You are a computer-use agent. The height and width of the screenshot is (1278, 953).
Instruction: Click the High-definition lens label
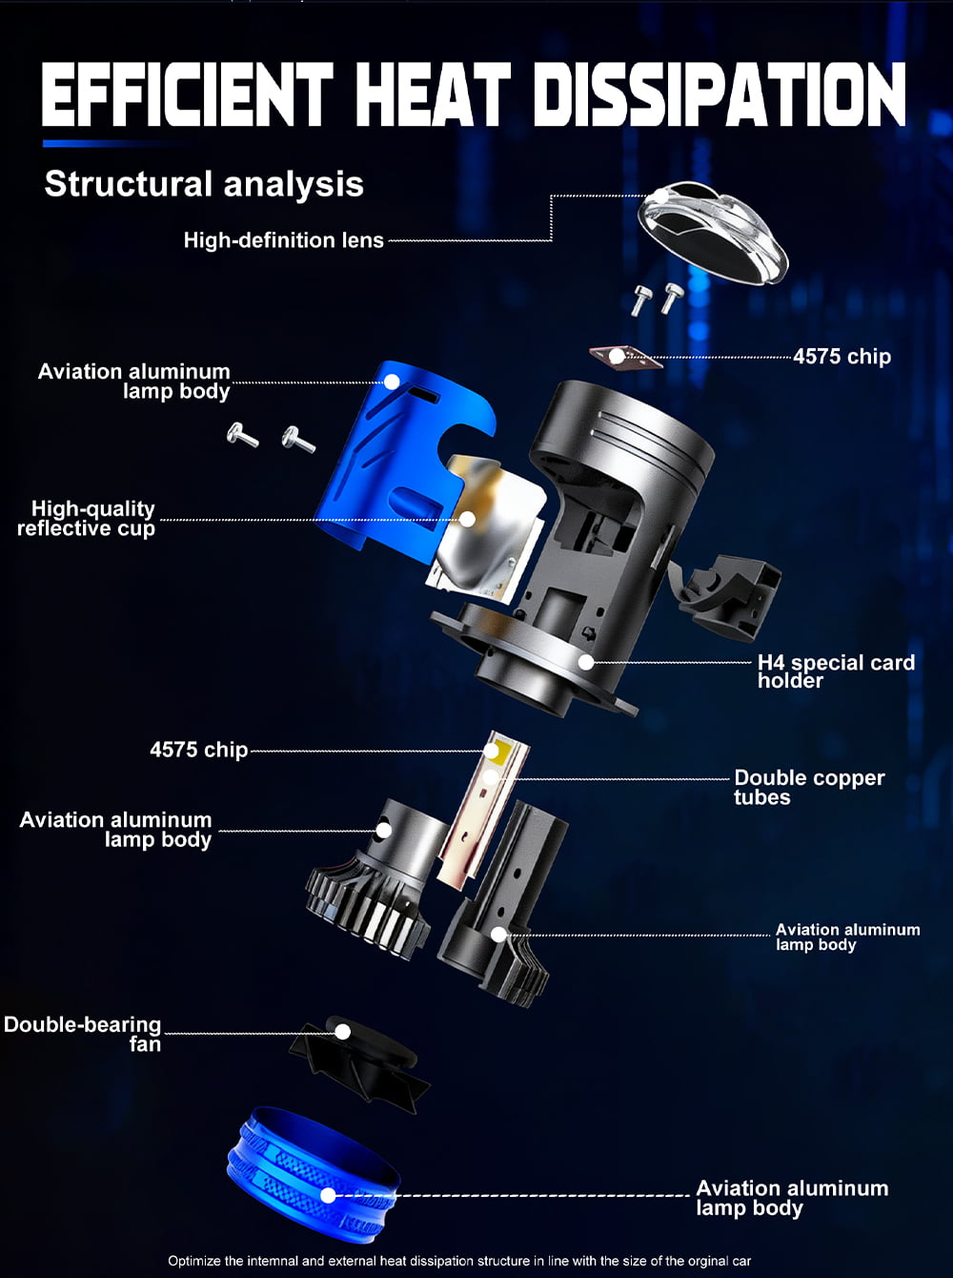tap(283, 240)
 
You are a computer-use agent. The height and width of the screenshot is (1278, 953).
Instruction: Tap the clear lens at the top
tap(713, 233)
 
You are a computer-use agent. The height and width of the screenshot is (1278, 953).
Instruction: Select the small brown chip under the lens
tap(626, 357)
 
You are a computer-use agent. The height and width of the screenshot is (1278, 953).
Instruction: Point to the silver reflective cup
tap(486, 526)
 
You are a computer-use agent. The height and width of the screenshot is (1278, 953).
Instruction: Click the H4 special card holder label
tap(836, 671)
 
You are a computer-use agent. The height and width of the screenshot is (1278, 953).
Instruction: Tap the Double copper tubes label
tap(809, 787)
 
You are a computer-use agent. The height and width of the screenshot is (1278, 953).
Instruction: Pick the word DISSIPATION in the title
tap(720, 95)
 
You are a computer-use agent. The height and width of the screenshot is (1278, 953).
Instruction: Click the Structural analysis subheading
tap(204, 184)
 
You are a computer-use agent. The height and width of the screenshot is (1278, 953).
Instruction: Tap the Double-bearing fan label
tap(82, 1034)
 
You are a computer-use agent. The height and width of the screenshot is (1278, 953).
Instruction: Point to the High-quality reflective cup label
tap(86, 518)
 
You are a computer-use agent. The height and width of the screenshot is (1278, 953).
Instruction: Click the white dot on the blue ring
tap(328, 1195)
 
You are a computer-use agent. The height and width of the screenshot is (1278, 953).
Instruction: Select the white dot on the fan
tap(343, 1032)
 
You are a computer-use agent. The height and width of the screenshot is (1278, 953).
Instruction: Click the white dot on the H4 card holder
tap(586, 662)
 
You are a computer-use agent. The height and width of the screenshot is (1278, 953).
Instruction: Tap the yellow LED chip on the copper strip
tap(492, 751)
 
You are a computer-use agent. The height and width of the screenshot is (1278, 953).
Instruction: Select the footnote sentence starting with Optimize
tap(459, 1261)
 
